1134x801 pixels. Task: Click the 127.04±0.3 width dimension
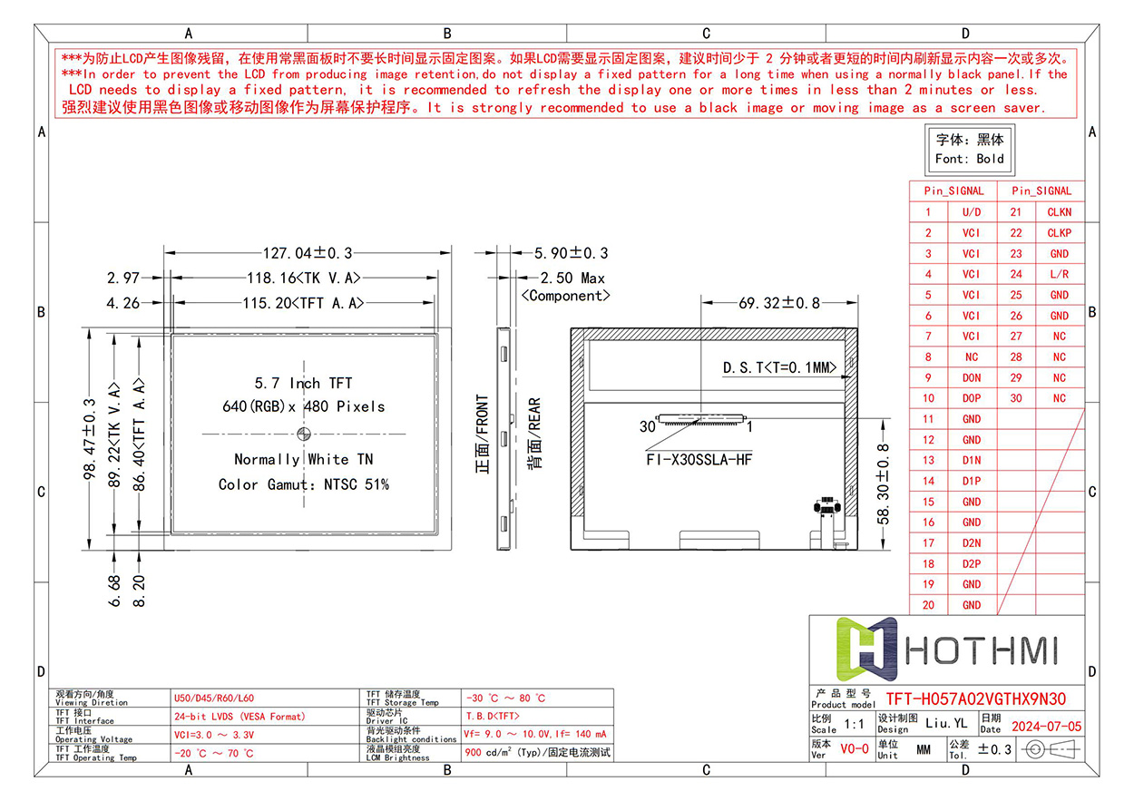(x=308, y=253)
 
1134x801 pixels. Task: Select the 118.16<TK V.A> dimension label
(x=304, y=278)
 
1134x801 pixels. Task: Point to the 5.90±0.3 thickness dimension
(x=571, y=253)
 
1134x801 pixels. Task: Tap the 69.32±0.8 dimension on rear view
(x=779, y=303)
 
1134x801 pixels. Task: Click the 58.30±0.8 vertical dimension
(x=883, y=484)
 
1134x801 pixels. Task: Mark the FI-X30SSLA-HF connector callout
(x=699, y=459)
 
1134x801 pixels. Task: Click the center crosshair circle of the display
(x=304, y=434)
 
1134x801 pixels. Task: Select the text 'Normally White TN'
(x=304, y=459)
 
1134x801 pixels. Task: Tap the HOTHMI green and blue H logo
(x=866, y=649)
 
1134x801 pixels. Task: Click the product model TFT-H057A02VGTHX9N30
(x=975, y=699)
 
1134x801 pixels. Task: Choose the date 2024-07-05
(x=1046, y=727)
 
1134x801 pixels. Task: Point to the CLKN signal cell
(x=1059, y=212)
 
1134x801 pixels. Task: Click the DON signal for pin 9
(x=972, y=377)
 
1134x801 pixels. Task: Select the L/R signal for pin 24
(x=1059, y=275)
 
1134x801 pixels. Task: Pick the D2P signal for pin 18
(x=972, y=564)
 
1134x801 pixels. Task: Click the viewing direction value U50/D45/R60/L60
(x=213, y=698)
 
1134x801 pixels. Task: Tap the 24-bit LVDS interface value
(x=240, y=717)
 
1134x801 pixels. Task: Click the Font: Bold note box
(x=970, y=150)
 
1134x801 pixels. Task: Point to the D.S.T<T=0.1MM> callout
(x=779, y=367)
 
